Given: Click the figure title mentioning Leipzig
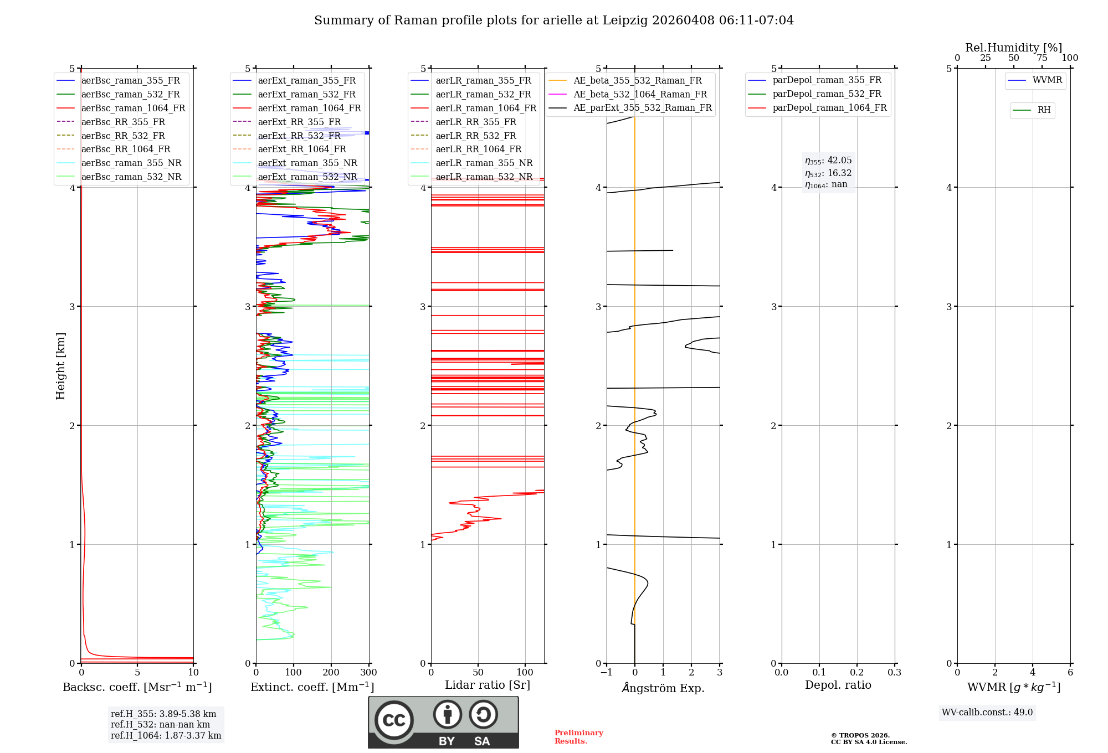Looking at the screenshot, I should pos(554,20).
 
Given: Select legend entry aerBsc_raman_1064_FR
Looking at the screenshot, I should pos(133,108).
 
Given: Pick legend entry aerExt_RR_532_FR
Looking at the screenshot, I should pos(299,136).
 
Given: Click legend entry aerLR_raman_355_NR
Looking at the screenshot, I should pos(484,163).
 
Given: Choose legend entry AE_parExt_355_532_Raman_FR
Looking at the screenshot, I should pos(643,107).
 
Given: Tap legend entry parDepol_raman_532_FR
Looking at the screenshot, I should pos(827,94).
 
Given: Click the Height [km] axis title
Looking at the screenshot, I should pos(60,366).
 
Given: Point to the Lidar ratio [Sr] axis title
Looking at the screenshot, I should pos(488,685).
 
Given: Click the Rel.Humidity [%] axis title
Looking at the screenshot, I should pos(1013,48).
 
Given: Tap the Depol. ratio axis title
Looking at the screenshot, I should pos(838,685).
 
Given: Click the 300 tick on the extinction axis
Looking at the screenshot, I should pos(369,673).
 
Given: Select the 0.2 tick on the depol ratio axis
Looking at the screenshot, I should pos(857,673).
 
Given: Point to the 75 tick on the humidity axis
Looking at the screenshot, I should pos(1042,58).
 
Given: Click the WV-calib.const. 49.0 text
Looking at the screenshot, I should pos(987,713).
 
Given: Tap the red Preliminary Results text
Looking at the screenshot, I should pos(578,737).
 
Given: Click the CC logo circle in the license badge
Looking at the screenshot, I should pos(394,720).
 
